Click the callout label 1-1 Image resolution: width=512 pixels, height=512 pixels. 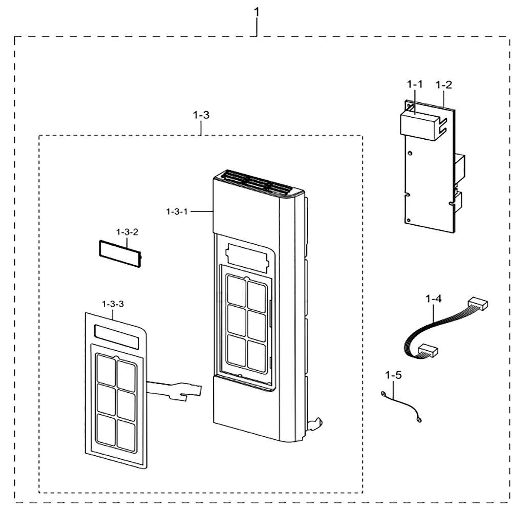pos(414,84)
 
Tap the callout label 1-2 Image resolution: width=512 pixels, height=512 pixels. pos(444,84)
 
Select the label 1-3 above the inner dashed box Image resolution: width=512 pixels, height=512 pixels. pos(201,115)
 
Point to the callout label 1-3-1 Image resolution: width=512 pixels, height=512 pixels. pos(177,211)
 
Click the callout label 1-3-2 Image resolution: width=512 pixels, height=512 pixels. pos(127,232)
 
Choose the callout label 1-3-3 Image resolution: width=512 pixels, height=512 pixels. pos(113,304)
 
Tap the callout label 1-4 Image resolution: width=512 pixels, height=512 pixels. pos(434,298)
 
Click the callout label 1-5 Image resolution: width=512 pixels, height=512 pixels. pos(393,375)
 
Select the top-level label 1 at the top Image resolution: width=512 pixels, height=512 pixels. pos(257,12)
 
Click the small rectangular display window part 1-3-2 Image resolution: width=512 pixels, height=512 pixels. pos(120,254)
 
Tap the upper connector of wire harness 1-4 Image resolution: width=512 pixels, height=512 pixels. pos(478,303)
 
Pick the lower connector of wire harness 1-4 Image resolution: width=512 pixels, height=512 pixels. pos(428,350)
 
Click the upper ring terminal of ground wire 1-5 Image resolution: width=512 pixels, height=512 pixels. pos(383,394)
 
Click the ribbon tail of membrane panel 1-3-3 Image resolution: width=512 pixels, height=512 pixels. pos(174,390)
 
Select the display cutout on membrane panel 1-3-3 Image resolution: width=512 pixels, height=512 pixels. pos(117,336)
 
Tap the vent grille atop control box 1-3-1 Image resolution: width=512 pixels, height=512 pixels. pos(258,183)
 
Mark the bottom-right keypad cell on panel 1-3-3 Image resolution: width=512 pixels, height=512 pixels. pos(126,435)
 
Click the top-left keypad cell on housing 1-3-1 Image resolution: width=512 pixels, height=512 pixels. pos(237,291)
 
